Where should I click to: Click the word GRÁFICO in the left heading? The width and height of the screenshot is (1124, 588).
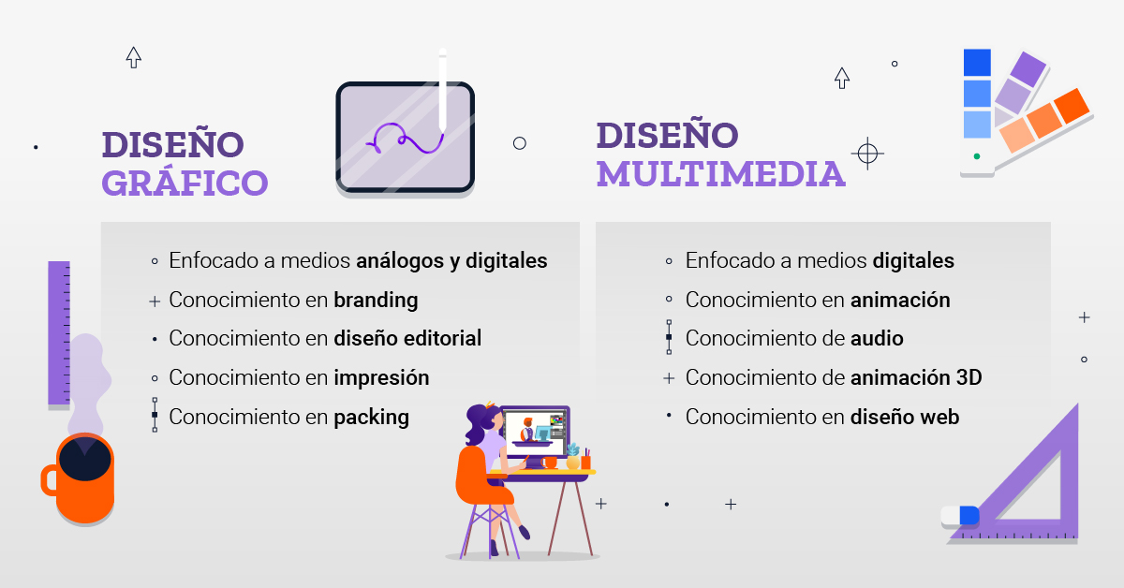185,184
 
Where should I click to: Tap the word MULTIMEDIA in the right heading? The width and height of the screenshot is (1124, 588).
720,175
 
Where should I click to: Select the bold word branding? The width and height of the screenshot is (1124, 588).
376,301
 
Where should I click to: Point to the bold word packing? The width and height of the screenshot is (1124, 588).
371,417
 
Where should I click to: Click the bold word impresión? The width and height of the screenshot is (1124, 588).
381,378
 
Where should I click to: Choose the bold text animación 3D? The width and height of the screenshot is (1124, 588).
916,378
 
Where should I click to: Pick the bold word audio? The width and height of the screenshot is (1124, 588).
877,339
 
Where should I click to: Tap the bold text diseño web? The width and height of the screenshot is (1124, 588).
905,418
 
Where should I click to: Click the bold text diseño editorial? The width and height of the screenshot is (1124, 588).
407,339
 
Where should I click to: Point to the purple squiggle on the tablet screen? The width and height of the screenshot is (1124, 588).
404,140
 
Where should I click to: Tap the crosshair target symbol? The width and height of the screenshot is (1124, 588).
868,153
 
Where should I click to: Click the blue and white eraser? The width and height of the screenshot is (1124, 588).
960,515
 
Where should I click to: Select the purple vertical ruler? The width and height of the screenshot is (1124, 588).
59,332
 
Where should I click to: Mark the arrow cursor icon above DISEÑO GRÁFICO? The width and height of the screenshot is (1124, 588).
133,57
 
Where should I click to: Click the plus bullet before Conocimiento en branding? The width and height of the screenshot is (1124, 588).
155,301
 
